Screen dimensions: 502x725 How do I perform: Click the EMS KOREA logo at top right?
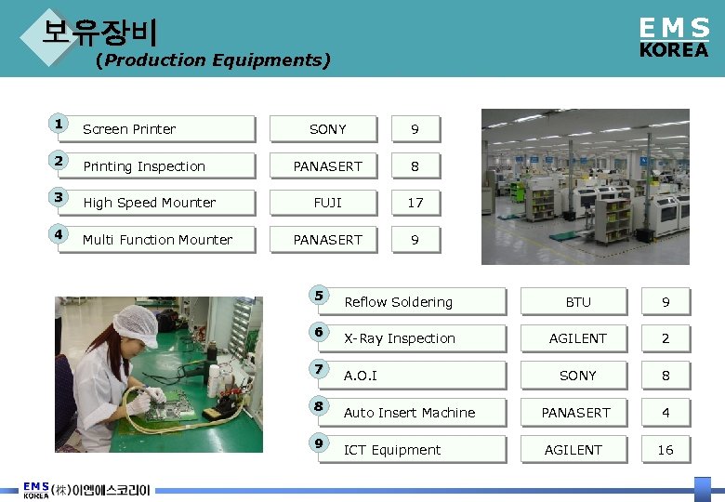(674, 38)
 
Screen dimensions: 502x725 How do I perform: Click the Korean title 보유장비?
(99, 33)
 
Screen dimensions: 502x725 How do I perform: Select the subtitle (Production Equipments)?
(212, 60)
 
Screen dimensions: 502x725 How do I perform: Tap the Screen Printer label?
(129, 129)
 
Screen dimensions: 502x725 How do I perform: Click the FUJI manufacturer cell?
(327, 203)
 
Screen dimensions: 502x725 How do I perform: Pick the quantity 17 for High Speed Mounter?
(415, 203)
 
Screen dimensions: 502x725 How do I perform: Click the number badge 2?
(59, 160)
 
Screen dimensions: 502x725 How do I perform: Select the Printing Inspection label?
(144, 166)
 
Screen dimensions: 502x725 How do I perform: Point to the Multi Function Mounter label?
(157, 240)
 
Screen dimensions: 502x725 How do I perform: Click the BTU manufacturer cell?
(578, 302)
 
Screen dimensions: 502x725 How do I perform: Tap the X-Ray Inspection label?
(400, 338)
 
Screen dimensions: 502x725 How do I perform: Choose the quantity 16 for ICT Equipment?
(666, 450)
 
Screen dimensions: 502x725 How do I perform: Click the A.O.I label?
(361, 376)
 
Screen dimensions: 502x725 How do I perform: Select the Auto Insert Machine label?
(409, 413)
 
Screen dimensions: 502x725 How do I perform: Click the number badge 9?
(319, 443)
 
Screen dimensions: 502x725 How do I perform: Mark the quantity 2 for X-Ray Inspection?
(666, 338)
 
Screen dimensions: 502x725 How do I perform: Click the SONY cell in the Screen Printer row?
(327, 129)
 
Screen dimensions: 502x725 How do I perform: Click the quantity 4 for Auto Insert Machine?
(666, 413)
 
